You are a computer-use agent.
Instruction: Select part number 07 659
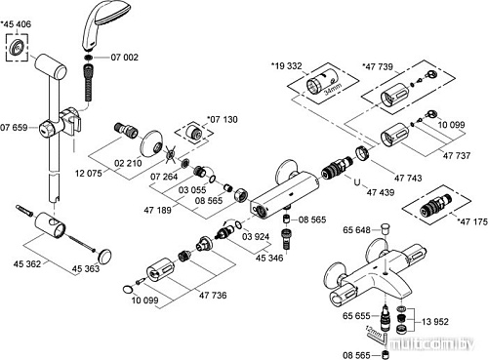[x=18, y=128]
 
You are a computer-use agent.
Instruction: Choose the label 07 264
[x=165, y=177]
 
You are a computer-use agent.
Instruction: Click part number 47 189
[x=160, y=210]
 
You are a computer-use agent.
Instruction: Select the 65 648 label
[x=356, y=230]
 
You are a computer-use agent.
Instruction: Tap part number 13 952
[x=434, y=320]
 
